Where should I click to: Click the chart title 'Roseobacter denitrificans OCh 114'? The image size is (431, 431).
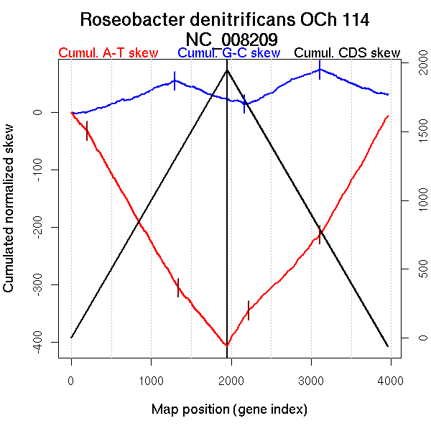click(x=225, y=19)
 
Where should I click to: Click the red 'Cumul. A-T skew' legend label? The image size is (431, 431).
click(x=108, y=53)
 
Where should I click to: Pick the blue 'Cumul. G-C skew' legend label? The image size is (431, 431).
click(x=228, y=53)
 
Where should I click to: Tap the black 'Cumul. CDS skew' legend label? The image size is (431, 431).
click(x=347, y=53)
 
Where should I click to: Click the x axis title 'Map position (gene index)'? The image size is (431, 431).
click(x=229, y=410)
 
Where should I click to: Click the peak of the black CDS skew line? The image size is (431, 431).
click(x=227, y=70)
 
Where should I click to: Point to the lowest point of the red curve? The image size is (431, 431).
click(x=226, y=346)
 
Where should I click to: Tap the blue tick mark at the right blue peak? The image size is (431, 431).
click(x=320, y=70)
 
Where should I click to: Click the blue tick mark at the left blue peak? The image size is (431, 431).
click(x=175, y=80)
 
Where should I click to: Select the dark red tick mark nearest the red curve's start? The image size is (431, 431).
click(x=87, y=131)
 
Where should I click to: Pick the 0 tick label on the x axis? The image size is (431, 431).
click(x=71, y=381)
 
